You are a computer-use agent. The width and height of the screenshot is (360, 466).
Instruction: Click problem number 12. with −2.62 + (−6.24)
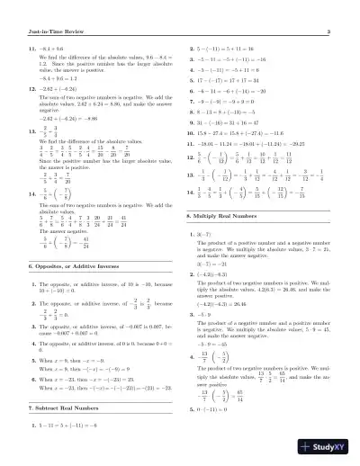[32, 91]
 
